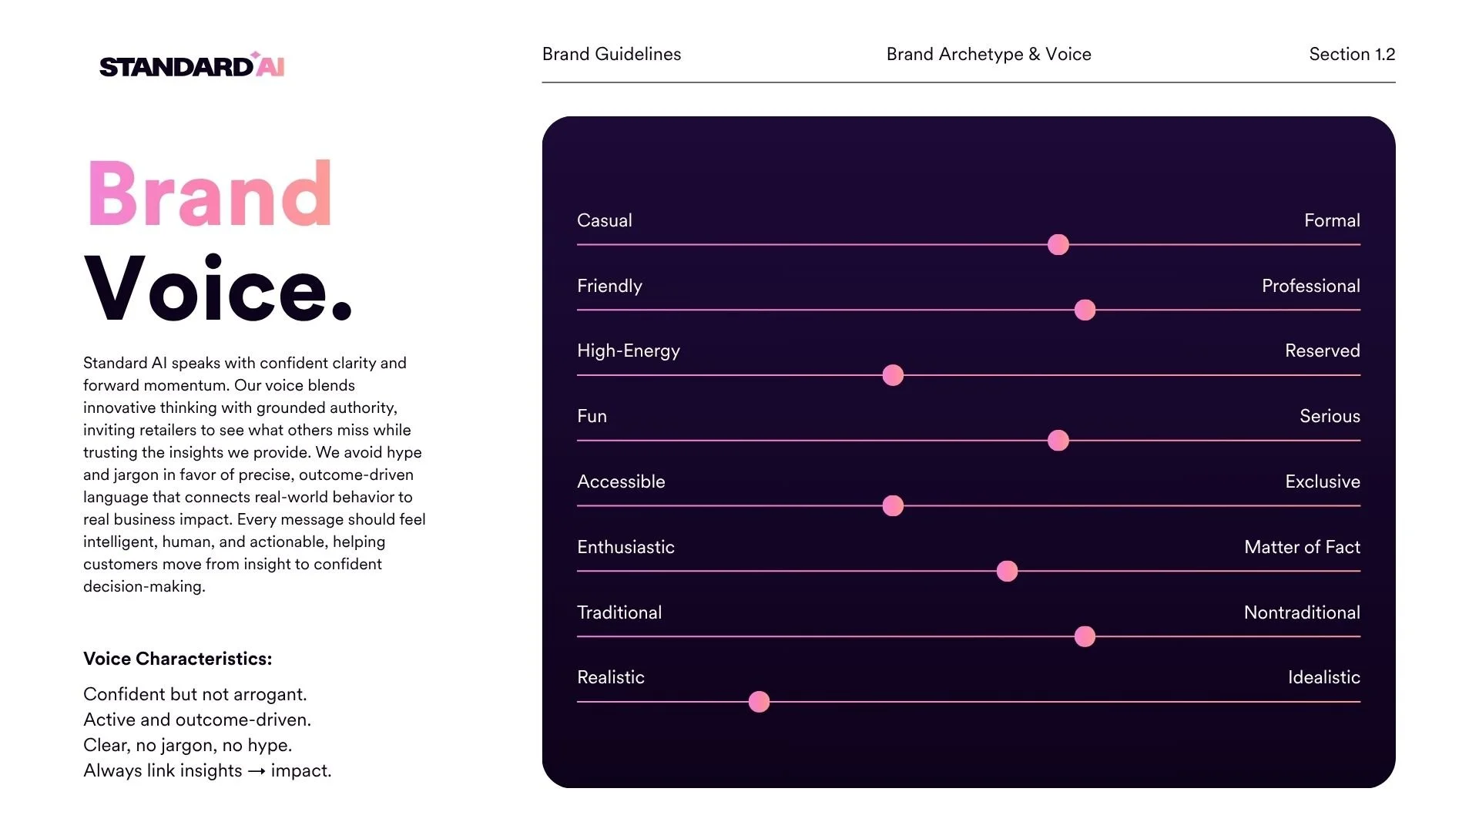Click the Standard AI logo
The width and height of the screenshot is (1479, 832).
click(x=192, y=65)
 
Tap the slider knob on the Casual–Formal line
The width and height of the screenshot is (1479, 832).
click(x=1058, y=245)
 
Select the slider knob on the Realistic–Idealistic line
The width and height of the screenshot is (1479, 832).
click(x=759, y=702)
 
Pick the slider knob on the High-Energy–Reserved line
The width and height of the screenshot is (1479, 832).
click(x=893, y=375)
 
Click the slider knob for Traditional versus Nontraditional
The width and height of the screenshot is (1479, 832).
click(x=1085, y=636)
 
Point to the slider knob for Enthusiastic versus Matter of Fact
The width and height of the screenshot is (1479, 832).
click(x=1007, y=571)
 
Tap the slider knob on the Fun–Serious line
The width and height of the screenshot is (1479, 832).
click(x=1058, y=441)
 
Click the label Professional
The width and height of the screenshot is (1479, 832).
click(x=1310, y=286)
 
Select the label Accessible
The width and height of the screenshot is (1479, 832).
click(x=621, y=481)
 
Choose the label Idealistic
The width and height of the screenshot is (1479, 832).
click(x=1323, y=677)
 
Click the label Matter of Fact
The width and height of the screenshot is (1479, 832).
click(x=1302, y=547)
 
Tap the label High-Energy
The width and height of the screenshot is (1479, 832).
click(x=629, y=351)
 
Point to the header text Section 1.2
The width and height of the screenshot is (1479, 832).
click(x=1352, y=54)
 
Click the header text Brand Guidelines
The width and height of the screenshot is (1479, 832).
click(x=612, y=54)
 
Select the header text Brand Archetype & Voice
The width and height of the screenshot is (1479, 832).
click(x=988, y=55)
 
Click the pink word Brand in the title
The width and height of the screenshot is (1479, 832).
click(x=210, y=193)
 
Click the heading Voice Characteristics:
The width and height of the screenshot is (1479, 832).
click(x=178, y=659)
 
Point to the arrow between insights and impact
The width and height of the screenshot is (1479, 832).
click(x=257, y=771)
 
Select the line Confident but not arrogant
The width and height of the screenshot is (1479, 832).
click(x=195, y=694)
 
